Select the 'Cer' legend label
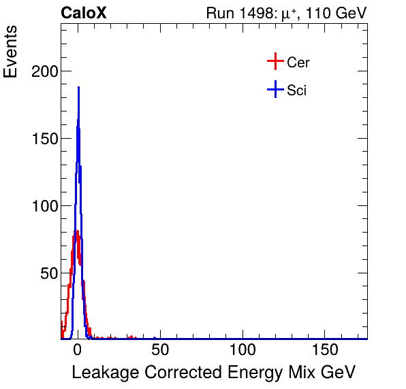(x=298, y=63)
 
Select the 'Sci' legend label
(x=296, y=90)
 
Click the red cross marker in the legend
(x=275, y=62)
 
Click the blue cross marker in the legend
(x=275, y=90)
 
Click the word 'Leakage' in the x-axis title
(x=101, y=373)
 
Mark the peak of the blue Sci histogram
(x=79, y=87)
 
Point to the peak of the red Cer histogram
(x=77, y=232)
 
